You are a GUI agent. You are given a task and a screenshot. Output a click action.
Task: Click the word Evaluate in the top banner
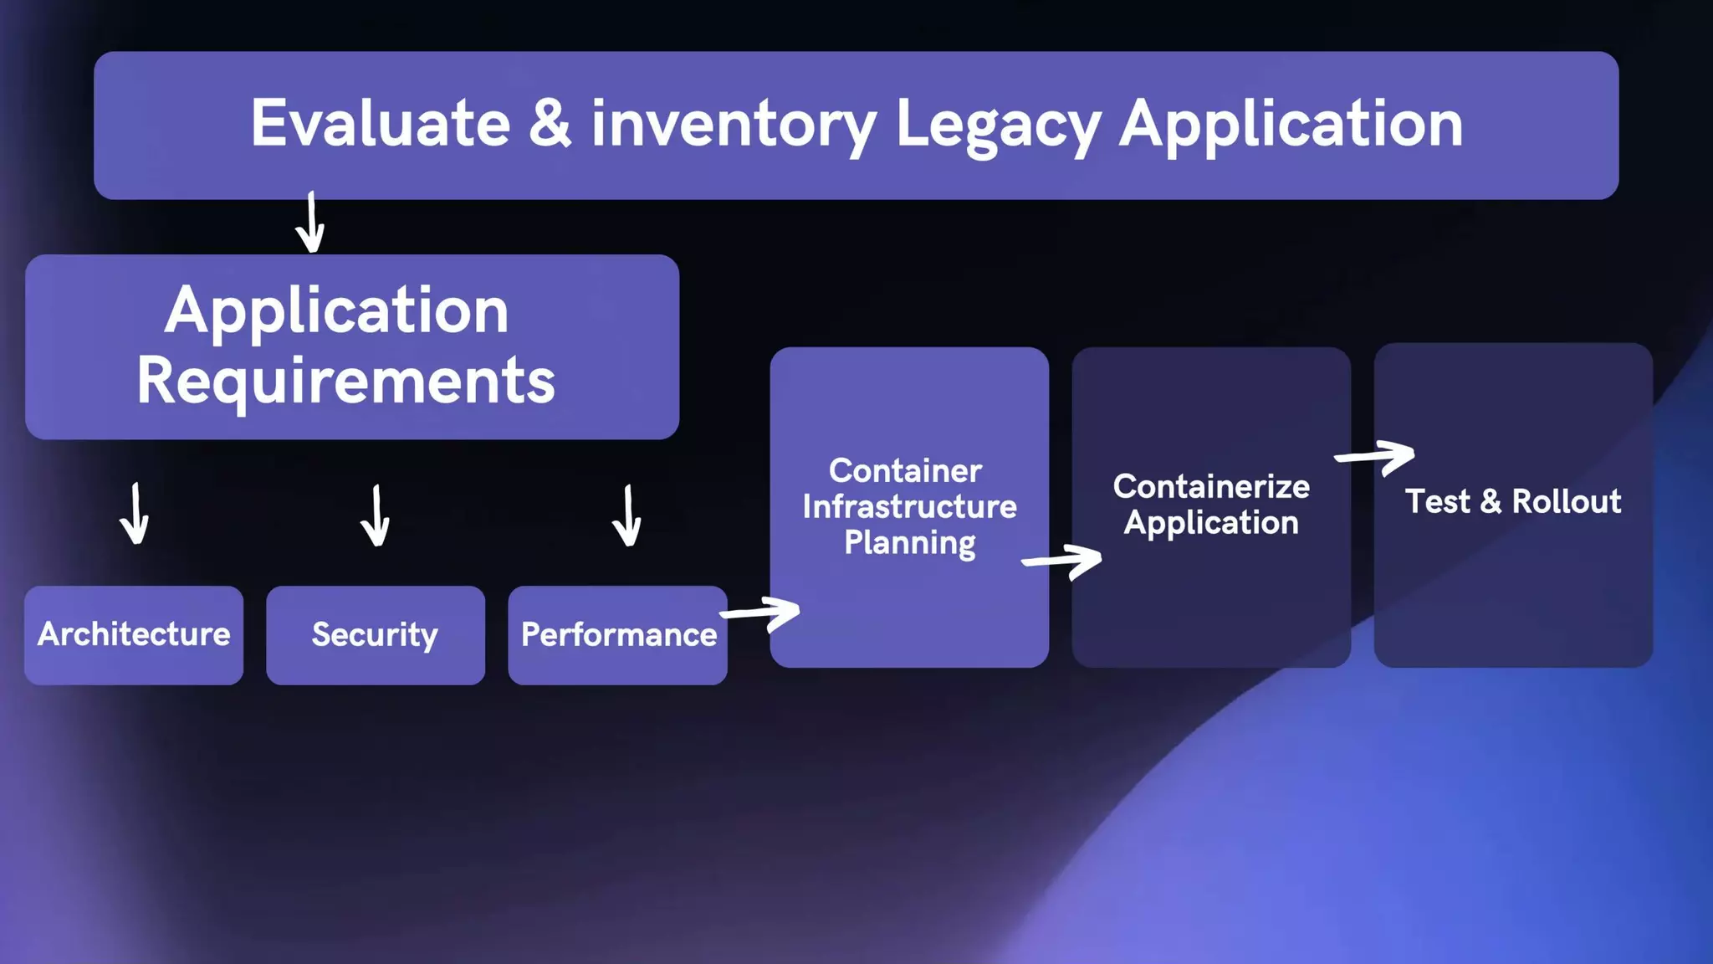(x=381, y=124)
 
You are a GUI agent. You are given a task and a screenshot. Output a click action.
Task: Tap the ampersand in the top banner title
(x=550, y=124)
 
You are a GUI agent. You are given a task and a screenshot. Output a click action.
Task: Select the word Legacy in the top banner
(x=998, y=126)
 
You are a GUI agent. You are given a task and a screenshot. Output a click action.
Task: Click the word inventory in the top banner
(x=734, y=126)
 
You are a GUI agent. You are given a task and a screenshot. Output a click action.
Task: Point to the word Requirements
(x=345, y=381)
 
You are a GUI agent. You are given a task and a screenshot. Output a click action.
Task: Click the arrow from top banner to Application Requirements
(x=310, y=223)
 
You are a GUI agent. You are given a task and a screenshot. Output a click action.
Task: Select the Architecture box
(x=134, y=635)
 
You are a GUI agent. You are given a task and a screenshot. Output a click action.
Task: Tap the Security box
(x=376, y=635)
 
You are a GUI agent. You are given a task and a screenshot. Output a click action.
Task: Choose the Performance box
(x=618, y=635)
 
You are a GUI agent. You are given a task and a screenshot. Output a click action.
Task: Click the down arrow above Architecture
(x=135, y=515)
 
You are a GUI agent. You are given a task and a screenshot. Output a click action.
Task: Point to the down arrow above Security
(x=376, y=516)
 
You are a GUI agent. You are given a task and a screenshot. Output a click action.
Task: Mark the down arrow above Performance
(x=627, y=516)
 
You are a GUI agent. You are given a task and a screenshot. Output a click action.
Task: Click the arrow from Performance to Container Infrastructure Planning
(x=761, y=613)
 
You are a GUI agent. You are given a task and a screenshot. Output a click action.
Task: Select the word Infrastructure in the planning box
(x=909, y=507)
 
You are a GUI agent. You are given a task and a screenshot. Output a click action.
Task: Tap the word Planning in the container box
(x=909, y=543)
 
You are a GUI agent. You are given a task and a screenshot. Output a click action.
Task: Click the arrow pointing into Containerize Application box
(x=1062, y=561)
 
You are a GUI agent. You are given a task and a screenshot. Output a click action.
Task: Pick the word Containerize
(x=1211, y=487)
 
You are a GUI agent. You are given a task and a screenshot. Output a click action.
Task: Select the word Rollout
(x=1566, y=502)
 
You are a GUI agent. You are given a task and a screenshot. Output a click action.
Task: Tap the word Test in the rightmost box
(x=1437, y=502)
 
